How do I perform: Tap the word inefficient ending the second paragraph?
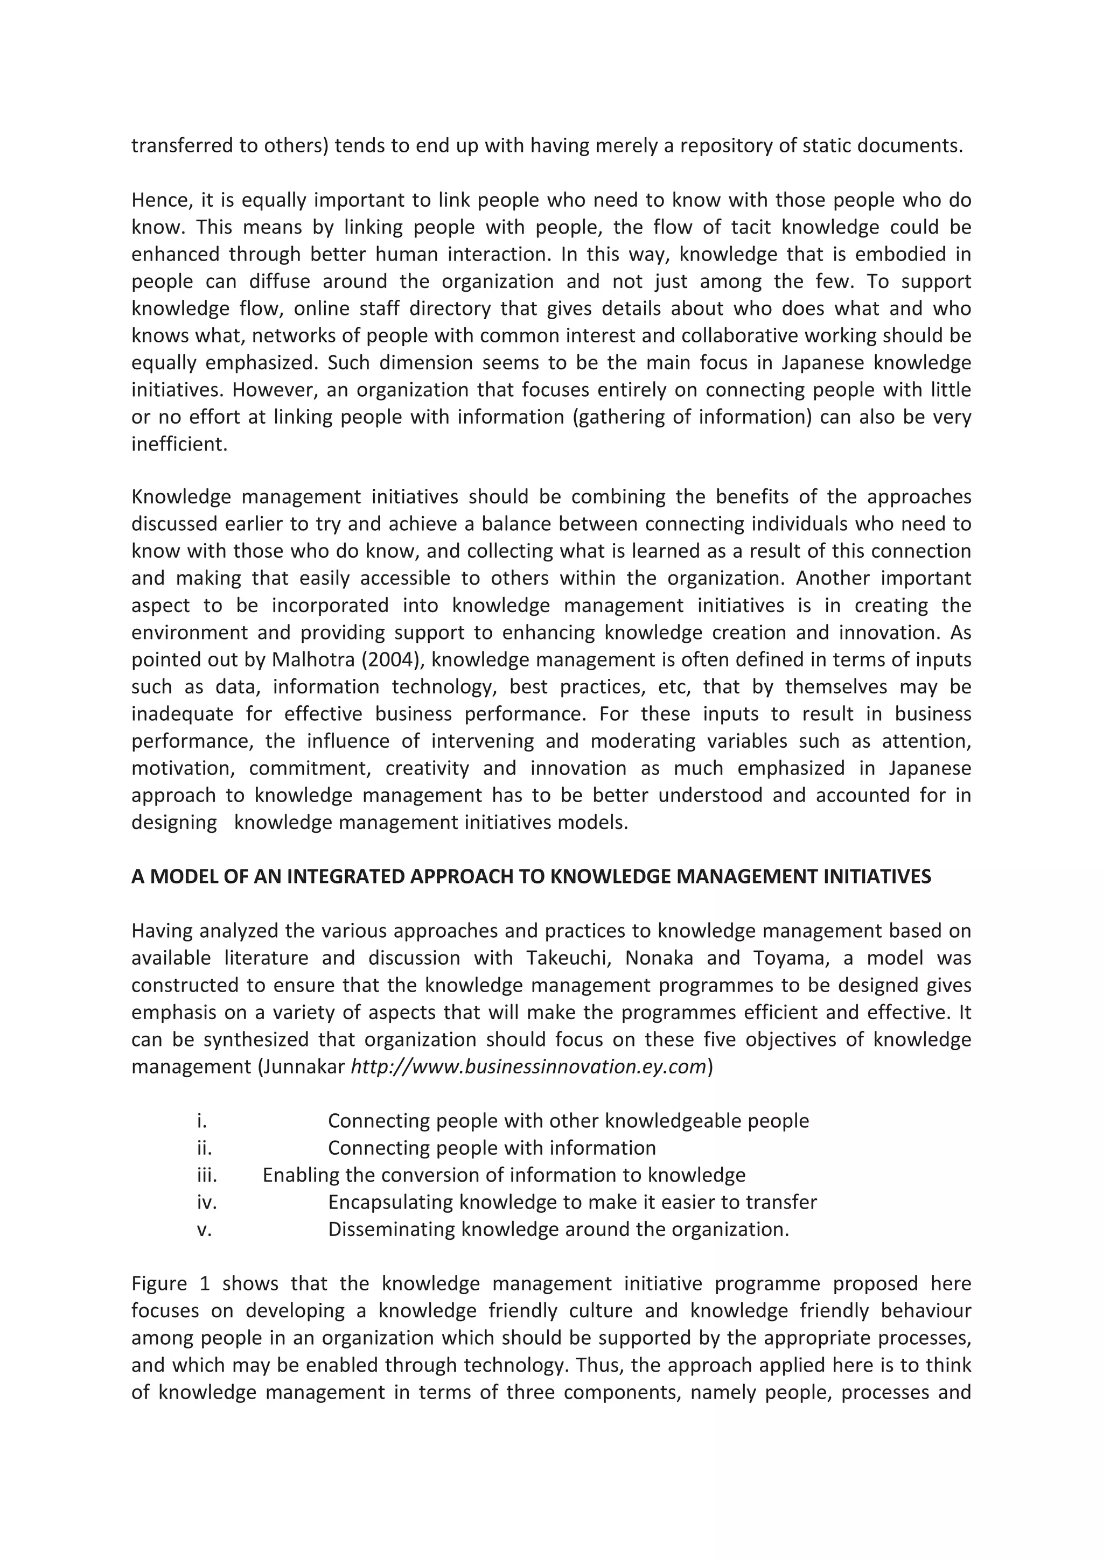tap(178, 445)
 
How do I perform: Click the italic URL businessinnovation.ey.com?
tap(528, 1067)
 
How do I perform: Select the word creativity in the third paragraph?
tap(427, 769)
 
